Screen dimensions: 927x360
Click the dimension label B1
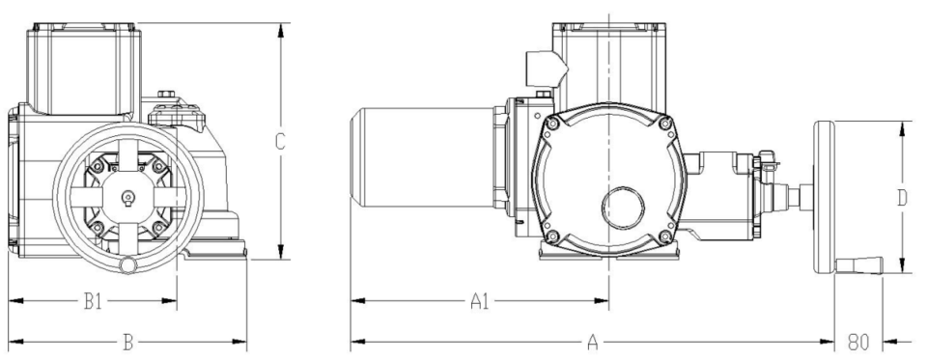click(x=93, y=301)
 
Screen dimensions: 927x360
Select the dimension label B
click(x=127, y=343)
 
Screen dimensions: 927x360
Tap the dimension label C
click(x=280, y=142)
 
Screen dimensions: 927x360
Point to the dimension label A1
click(x=480, y=301)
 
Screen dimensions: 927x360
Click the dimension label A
click(x=592, y=343)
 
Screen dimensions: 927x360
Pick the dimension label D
click(x=902, y=198)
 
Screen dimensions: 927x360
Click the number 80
click(x=857, y=343)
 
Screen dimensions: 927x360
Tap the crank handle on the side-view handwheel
click(x=858, y=265)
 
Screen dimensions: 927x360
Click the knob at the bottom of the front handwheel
click(x=128, y=264)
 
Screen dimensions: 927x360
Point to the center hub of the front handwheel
click(x=128, y=198)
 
